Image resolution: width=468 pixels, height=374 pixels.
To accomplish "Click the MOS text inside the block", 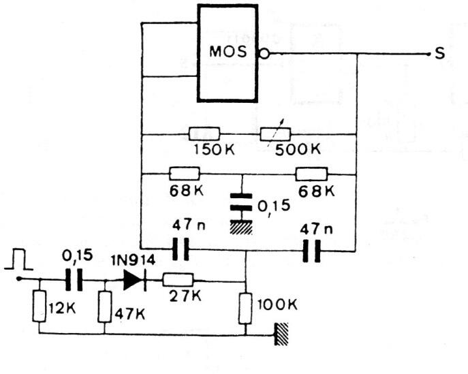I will [228, 52].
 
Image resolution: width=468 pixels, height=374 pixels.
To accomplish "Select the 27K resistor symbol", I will [178, 279].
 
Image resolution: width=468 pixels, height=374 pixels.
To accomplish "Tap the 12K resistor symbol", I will [38, 307].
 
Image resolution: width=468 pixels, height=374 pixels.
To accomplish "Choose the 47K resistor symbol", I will [104, 307].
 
